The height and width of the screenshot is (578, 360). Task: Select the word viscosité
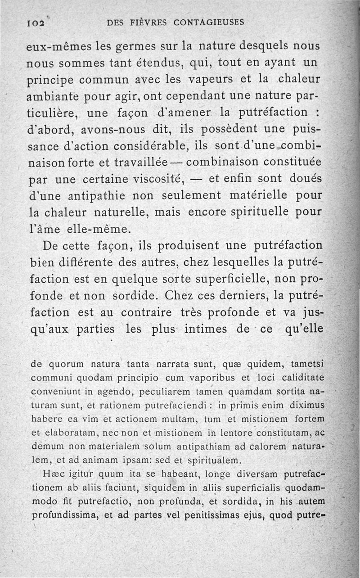click(159, 179)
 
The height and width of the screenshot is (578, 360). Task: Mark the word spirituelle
click(269, 212)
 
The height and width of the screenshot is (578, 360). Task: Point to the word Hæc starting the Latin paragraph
click(52, 474)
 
